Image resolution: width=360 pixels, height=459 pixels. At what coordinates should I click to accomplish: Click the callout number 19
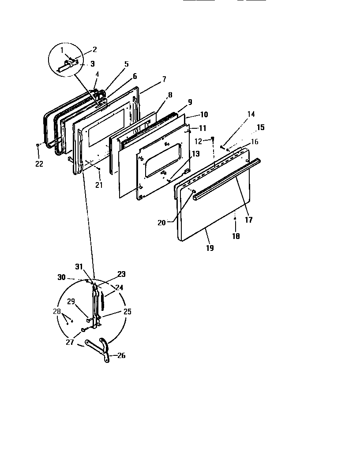click(x=210, y=248)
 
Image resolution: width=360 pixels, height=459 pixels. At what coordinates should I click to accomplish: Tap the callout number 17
click(x=249, y=220)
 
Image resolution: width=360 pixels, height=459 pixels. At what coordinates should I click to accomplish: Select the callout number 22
click(x=39, y=164)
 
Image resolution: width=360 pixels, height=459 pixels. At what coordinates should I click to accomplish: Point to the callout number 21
click(x=99, y=185)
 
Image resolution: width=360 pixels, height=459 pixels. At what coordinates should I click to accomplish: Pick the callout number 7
click(x=164, y=79)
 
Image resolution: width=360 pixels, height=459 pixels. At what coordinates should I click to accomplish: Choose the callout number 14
click(x=251, y=114)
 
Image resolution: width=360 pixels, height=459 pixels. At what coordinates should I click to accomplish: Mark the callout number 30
click(x=61, y=278)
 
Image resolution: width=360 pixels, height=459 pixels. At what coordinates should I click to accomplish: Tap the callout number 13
click(x=195, y=154)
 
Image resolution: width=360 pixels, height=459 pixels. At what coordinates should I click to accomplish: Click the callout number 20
click(x=162, y=223)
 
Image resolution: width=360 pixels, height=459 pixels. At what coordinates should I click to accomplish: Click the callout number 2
click(x=94, y=50)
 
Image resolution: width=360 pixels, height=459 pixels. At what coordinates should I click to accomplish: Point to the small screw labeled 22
click(x=38, y=145)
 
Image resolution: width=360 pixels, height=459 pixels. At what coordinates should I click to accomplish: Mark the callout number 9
click(x=190, y=102)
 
